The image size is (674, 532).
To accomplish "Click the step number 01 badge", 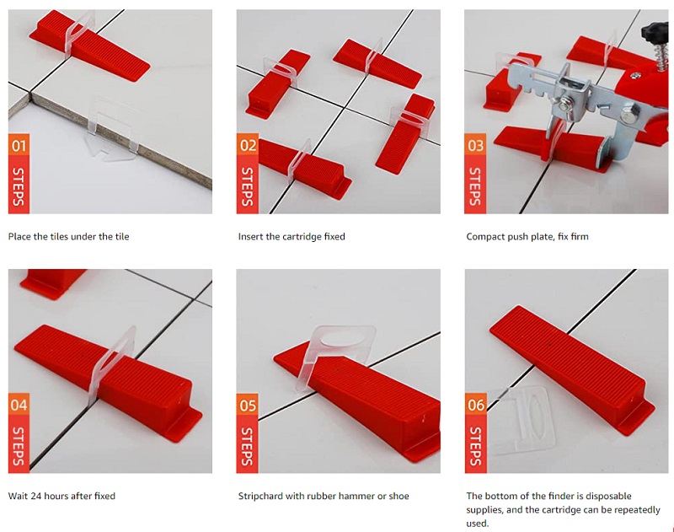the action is point(19,146).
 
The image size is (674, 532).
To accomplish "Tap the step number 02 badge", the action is point(248,146).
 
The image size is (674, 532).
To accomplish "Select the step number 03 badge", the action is point(475,146).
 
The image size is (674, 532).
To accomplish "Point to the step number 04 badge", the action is point(19,405).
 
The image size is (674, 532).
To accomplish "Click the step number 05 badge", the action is point(248,405).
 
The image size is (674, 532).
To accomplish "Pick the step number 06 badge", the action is point(476,405).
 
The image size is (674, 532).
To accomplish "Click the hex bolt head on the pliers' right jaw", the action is point(628,116).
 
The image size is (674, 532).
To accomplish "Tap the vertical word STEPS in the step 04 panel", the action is point(19,446).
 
